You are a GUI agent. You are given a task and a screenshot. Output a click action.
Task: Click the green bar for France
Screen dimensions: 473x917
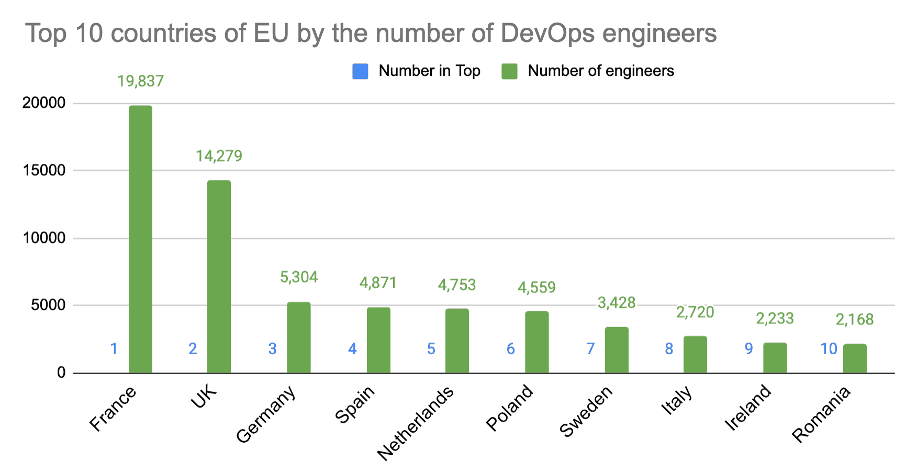point(140,239)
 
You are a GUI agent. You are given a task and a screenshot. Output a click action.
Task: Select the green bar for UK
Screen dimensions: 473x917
point(219,276)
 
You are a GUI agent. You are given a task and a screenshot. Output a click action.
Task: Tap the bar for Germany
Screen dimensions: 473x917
point(299,337)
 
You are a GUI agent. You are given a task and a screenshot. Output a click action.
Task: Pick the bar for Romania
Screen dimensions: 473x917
point(855,358)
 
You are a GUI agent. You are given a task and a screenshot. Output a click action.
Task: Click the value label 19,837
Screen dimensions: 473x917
point(140,81)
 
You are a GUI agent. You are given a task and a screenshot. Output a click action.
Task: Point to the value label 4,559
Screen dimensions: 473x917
point(536,287)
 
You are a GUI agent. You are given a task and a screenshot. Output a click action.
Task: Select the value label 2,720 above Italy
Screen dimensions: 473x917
point(695,312)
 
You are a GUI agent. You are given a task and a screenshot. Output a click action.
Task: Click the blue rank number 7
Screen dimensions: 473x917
point(590,349)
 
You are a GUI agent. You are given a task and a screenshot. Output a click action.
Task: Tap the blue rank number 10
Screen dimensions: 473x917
point(829,349)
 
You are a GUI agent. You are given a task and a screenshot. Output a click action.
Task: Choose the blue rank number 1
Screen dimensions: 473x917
point(114,349)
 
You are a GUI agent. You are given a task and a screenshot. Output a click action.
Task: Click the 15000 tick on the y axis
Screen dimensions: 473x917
point(44,171)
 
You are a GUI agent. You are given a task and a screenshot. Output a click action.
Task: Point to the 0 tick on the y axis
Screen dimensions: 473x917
point(61,373)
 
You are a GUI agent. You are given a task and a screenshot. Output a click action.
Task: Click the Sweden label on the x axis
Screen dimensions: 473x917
point(586,412)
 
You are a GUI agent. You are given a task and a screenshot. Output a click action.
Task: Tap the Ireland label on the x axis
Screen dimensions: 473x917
point(748,408)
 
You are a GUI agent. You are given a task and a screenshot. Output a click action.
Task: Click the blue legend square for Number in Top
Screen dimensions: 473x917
point(361,71)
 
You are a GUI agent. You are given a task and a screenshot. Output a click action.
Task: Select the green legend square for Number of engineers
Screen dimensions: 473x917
point(509,71)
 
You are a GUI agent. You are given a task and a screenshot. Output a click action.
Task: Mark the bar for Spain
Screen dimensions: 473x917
point(378,340)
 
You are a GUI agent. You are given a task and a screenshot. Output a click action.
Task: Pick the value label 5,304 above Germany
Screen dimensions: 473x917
point(299,277)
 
